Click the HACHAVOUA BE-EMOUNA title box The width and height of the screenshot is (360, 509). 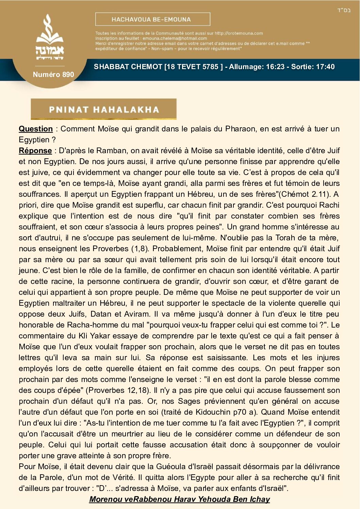[152, 19]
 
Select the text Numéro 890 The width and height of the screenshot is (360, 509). [53, 75]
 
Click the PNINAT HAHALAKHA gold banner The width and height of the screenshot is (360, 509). [104, 109]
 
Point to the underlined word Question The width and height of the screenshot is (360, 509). [36, 129]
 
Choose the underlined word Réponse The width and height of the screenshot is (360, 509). [35, 150]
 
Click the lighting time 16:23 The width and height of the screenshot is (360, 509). [275, 67]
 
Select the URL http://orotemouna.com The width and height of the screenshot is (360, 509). [239, 33]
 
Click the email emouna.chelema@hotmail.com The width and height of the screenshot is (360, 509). [175, 38]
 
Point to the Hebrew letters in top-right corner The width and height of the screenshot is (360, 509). [344, 10]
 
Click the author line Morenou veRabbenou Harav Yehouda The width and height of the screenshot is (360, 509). [179, 499]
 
